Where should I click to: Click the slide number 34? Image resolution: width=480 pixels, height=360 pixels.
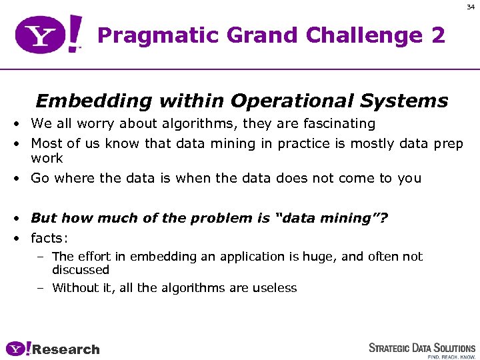pos(469,8)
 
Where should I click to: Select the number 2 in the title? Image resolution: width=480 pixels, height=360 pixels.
pos(437,35)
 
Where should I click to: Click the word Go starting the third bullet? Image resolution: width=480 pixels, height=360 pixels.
pos(40,178)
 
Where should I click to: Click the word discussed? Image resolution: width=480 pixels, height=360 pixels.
pos(80,270)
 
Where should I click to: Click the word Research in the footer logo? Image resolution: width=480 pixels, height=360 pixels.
pos(66,349)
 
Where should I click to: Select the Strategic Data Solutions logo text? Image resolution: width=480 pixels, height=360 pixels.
pos(422,347)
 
